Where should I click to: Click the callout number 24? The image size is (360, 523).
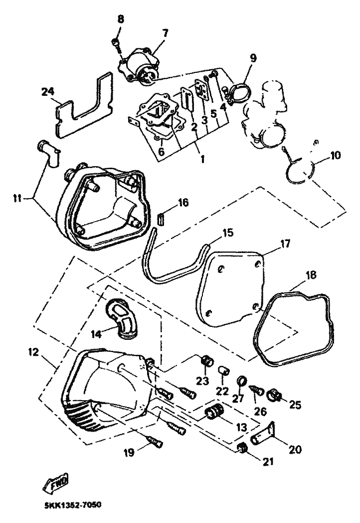tap(47, 91)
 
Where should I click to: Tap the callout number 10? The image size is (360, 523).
tap(335, 155)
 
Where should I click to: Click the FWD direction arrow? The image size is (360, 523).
tap(57, 482)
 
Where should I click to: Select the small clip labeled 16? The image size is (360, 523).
tap(161, 219)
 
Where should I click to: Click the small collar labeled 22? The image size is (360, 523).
tap(224, 372)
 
